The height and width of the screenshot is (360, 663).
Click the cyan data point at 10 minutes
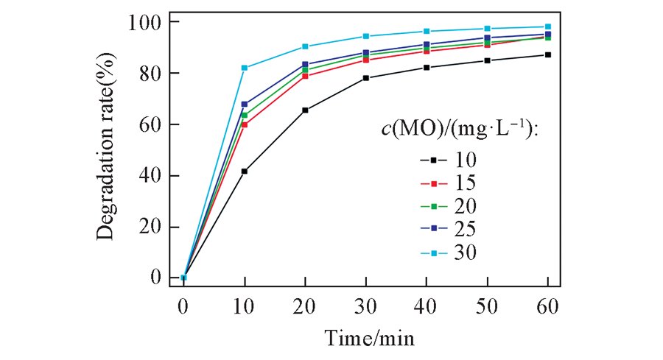245,68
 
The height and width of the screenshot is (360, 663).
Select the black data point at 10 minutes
245,171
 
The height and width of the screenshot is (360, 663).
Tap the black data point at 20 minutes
305,110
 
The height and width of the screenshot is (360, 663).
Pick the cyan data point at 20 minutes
305,46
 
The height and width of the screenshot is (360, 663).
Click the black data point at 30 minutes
366,78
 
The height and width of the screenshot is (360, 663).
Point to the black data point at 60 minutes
548,54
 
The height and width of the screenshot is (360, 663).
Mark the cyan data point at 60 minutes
548,27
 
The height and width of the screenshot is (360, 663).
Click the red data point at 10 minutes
245,124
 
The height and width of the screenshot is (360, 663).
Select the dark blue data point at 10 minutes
245,104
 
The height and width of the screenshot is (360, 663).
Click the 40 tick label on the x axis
427,305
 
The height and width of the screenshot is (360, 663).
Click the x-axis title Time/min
370,338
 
